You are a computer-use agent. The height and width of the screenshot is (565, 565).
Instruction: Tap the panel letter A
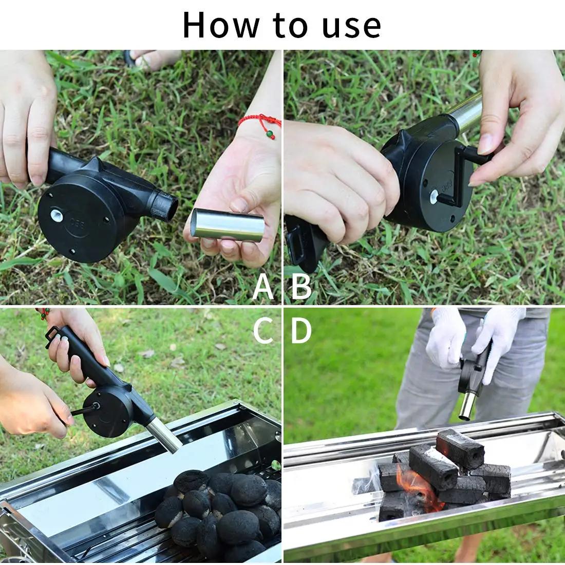(263, 287)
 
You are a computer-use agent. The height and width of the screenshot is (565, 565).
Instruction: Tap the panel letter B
(302, 287)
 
